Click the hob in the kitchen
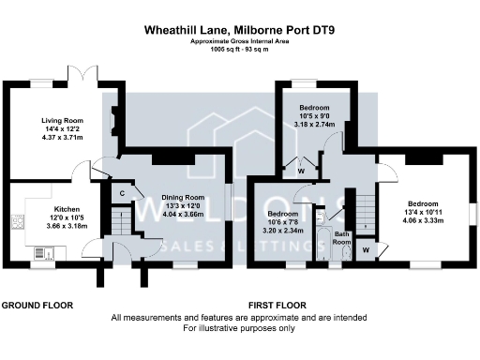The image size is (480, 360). point(17,223)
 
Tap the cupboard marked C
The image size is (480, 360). point(123,194)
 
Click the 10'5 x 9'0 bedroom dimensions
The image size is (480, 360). point(312,116)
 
